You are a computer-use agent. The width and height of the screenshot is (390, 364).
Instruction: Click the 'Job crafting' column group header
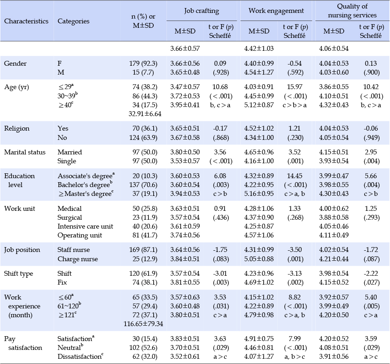[x=202, y=11]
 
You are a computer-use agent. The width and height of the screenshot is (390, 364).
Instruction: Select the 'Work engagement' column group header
[x=276, y=11]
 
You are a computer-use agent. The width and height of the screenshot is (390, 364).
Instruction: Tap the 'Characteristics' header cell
[x=26, y=21]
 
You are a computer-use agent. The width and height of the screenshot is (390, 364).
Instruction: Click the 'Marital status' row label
[x=25, y=152]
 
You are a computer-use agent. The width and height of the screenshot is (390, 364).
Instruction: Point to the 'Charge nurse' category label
[x=77, y=259]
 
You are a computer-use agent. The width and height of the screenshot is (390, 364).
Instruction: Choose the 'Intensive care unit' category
[x=85, y=226]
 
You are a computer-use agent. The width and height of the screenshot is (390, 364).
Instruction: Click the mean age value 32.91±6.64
[x=145, y=114]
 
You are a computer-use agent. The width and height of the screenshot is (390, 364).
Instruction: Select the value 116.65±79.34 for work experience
[x=143, y=324]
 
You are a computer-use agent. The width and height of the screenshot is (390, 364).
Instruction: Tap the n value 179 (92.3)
[x=143, y=63]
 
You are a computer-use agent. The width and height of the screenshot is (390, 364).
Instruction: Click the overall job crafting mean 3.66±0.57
[x=185, y=48]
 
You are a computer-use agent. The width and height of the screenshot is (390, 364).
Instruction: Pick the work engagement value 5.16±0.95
[x=259, y=193]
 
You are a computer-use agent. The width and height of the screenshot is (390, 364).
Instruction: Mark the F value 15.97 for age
[x=294, y=87]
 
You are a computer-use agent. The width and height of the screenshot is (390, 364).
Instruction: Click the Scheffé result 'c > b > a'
[x=294, y=105]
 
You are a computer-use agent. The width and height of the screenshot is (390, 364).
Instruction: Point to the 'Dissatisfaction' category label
[x=80, y=356]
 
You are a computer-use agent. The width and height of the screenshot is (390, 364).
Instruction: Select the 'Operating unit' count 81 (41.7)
[x=145, y=235]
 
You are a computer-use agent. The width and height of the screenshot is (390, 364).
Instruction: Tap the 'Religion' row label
[x=17, y=129]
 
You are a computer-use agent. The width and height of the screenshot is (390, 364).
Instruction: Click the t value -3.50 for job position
[x=294, y=250]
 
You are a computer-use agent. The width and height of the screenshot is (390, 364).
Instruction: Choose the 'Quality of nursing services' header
[x=352, y=11]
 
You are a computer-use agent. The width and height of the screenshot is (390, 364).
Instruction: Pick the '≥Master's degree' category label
[x=86, y=193]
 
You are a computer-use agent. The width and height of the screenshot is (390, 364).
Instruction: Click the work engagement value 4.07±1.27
[x=259, y=356]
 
